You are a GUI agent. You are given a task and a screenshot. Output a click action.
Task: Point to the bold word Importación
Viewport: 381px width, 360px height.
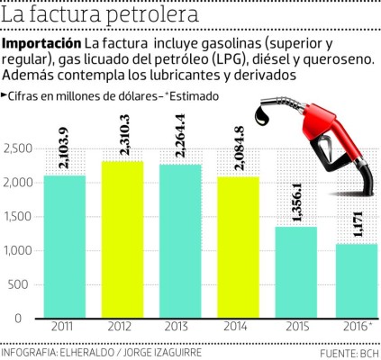click(41, 44)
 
